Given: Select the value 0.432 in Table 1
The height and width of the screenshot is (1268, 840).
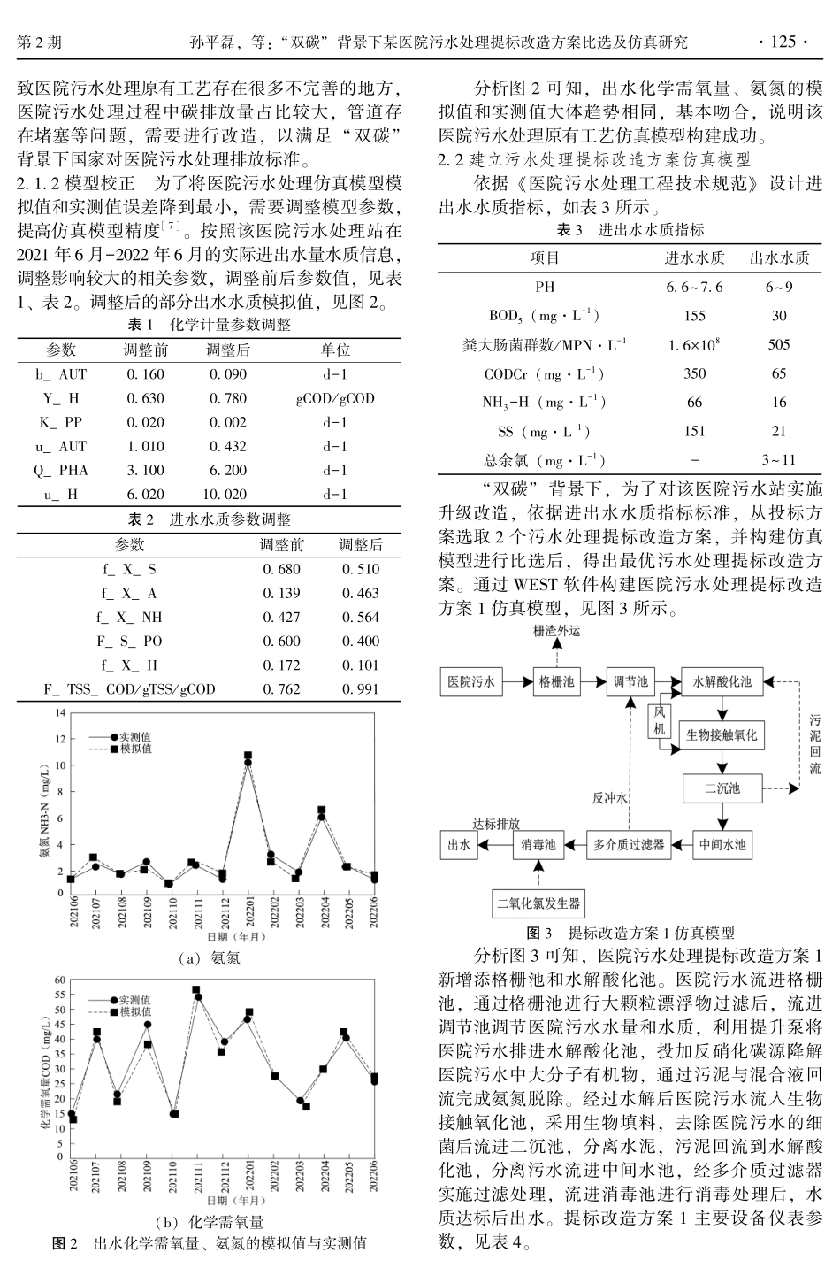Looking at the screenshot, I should coord(228,447).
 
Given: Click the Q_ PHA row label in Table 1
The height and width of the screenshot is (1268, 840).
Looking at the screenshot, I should coord(61,471).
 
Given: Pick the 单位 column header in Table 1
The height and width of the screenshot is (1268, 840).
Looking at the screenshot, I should coord(335,350).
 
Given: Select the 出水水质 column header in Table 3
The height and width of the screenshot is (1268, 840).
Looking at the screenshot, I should coord(779,257).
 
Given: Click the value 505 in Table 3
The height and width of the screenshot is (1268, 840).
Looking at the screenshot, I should coord(779,344).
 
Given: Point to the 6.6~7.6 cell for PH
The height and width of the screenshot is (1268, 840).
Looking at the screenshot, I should coord(694,287).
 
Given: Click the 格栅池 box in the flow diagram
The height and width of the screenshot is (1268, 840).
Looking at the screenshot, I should coord(556,681).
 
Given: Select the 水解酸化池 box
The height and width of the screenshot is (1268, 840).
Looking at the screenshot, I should coord(722,681).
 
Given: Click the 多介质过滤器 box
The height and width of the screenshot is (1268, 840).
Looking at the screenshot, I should coord(629,845).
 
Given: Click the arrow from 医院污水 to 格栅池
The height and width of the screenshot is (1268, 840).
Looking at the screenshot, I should coord(515,681).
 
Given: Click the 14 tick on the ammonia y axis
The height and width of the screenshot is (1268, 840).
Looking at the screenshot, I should coord(60,712).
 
